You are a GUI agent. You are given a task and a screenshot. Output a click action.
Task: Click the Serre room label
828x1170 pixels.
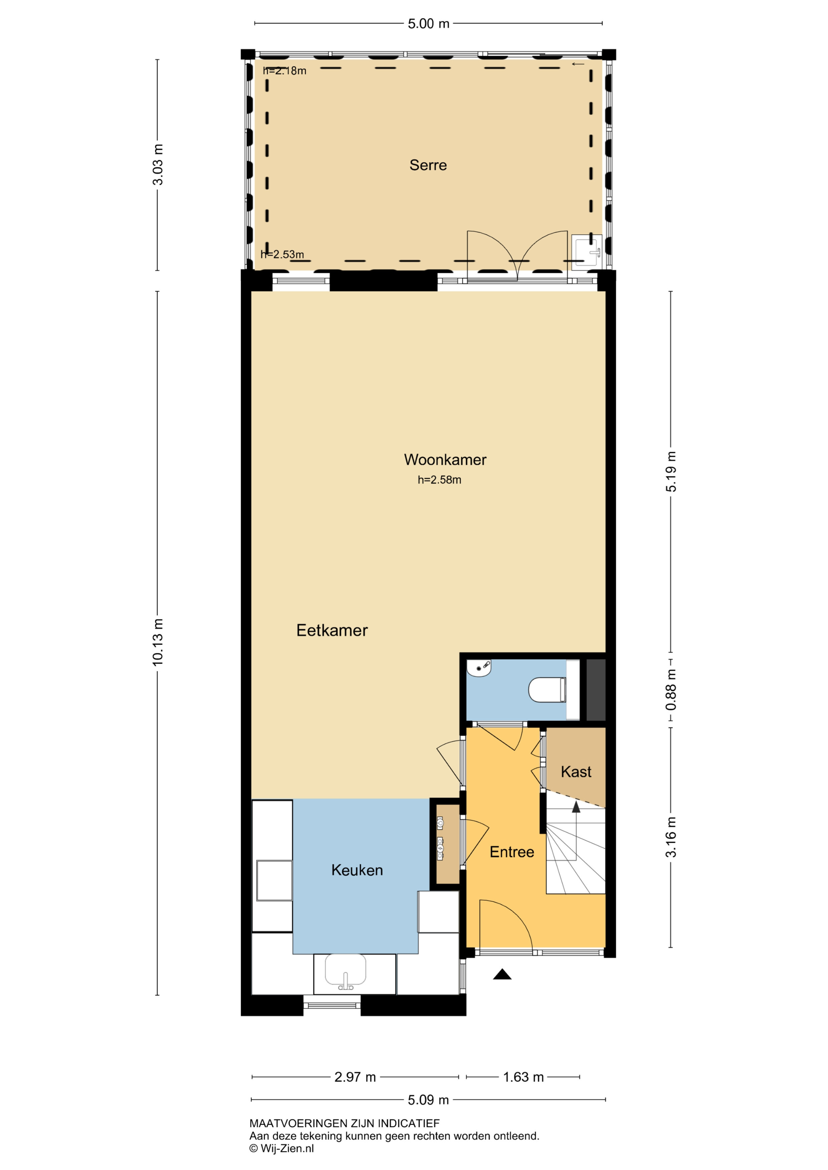[428, 165]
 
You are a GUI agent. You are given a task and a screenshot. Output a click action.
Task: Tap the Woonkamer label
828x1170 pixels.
[445, 460]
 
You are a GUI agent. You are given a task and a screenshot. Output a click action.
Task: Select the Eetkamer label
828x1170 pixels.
[332, 630]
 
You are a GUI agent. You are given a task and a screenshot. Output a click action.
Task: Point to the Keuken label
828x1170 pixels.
[357, 870]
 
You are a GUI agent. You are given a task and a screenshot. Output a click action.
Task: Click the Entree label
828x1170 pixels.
[512, 852]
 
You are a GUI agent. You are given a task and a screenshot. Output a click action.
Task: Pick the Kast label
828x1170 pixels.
[576, 772]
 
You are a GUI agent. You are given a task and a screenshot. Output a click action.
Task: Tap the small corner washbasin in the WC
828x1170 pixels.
[478, 668]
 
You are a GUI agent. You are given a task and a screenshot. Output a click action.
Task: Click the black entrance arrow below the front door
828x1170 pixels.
[502, 974]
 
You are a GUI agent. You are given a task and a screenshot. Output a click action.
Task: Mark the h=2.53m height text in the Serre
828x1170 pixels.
[282, 254]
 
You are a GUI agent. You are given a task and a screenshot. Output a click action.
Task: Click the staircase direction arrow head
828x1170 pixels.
[576, 807]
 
